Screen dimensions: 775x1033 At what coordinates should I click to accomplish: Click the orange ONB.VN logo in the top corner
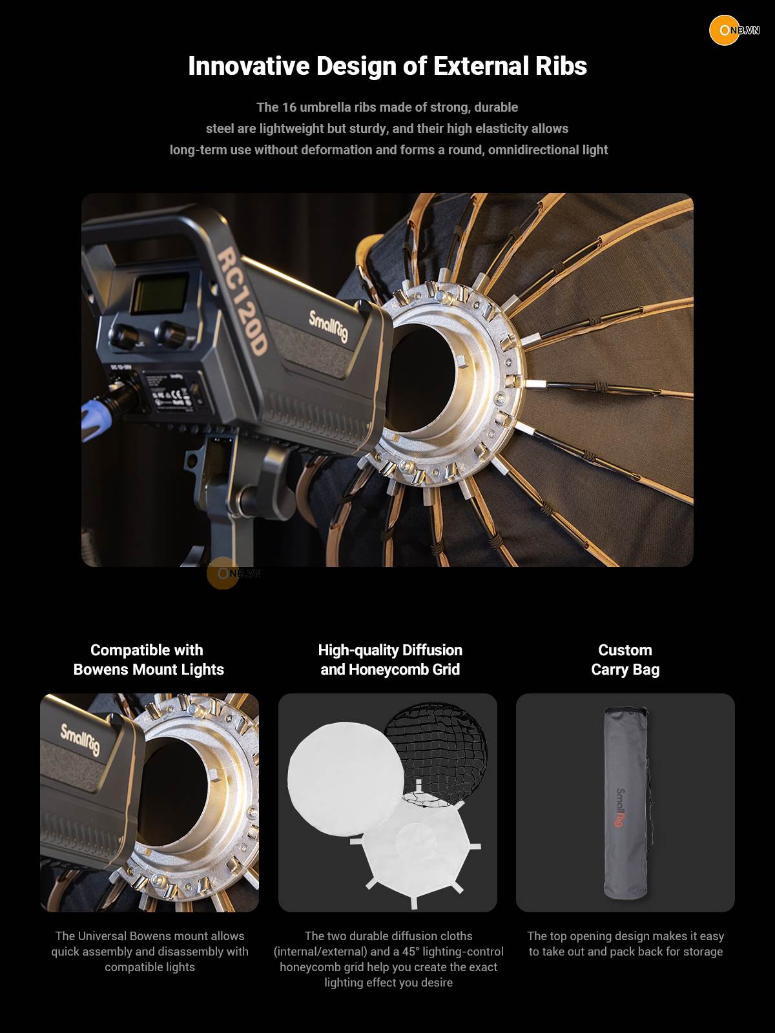pyautogui.click(x=734, y=30)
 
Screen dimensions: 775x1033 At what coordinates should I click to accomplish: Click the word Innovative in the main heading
pyautogui.click(x=249, y=66)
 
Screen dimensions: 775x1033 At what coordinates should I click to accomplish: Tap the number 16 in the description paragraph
pyautogui.click(x=289, y=107)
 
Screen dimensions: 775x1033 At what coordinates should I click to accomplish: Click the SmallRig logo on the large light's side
pyautogui.click(x=329, y=325)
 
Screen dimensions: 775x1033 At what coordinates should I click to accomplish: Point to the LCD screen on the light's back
pyautogui.click(x=160, y=294)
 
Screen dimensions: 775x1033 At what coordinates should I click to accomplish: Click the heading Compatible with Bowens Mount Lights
pyautogui.click(x=149, y=659)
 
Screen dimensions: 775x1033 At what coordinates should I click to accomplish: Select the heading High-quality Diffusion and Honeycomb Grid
pyautogui.click(x=390, y=659)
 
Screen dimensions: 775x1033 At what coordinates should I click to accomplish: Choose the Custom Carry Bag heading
pyautogui.click(x=625, y=659)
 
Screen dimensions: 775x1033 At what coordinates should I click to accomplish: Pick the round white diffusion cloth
pyautogui.click(x=346, y=779)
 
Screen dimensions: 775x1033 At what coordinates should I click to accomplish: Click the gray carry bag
pyautogui.click(x=626, y=803)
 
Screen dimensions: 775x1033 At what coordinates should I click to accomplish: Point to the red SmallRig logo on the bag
pyautogui.click(x=621, y=808)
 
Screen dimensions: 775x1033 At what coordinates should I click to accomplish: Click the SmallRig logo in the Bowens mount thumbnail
pyautogui.click(x=80, y=739)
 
